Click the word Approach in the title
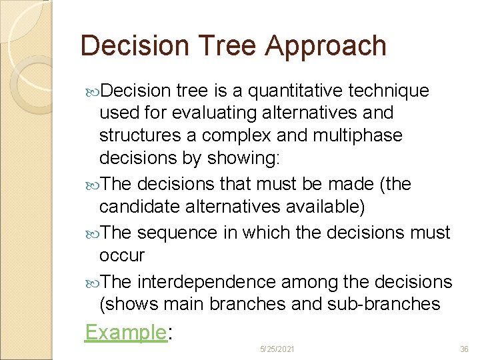pos(325,47)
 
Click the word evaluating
pos(209,113)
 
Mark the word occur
pos(121,255)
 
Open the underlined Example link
pos(125,331)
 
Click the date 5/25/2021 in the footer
pos(278,349)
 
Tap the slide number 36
pos(465,349)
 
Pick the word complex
pos(238,135)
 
